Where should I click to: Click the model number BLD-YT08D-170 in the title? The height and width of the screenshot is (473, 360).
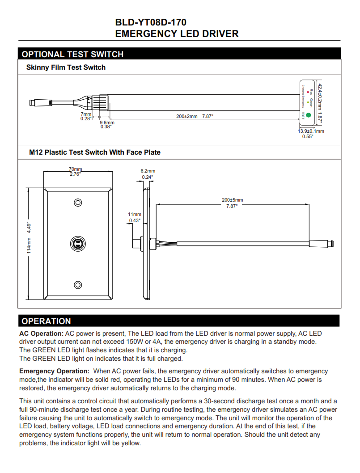tap(151, 22)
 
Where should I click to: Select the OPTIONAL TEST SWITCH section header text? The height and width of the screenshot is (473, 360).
tap(72, 55)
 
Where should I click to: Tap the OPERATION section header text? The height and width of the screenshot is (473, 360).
tap(46, 321)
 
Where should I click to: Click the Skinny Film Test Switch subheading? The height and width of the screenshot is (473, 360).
tap(66, 68)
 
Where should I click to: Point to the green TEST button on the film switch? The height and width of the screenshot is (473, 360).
tap(308, 115)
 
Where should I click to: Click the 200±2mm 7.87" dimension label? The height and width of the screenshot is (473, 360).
tap(195, 116)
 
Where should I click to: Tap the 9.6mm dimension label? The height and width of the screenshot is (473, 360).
tap(106, 122)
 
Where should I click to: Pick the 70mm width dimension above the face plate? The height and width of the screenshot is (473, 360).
tap(75, 169)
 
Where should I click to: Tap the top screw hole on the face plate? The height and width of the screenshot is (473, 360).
tap(78, 203)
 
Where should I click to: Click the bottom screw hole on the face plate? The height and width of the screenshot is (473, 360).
tap(78, 285)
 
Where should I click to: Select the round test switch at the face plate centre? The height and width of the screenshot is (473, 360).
tap(78, 244)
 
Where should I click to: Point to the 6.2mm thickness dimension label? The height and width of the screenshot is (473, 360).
tap(148, 171)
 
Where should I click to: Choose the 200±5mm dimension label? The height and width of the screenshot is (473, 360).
tap(233, 200)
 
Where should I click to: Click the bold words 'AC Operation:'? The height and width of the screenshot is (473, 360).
tap(41, 334)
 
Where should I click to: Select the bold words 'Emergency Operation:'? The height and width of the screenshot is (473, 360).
tap(54, 371)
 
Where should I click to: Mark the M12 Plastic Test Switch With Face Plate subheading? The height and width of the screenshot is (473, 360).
tap(94, 152)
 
